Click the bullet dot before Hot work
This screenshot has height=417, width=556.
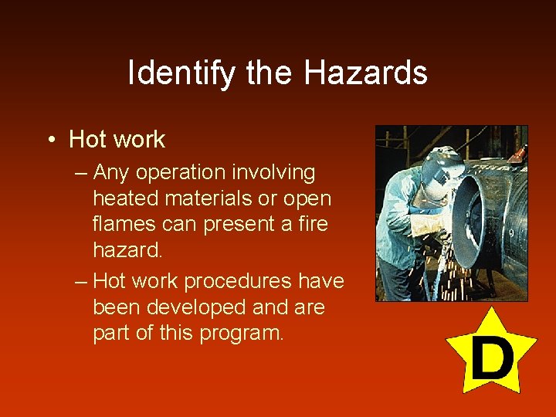49,140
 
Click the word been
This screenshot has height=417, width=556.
115,307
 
